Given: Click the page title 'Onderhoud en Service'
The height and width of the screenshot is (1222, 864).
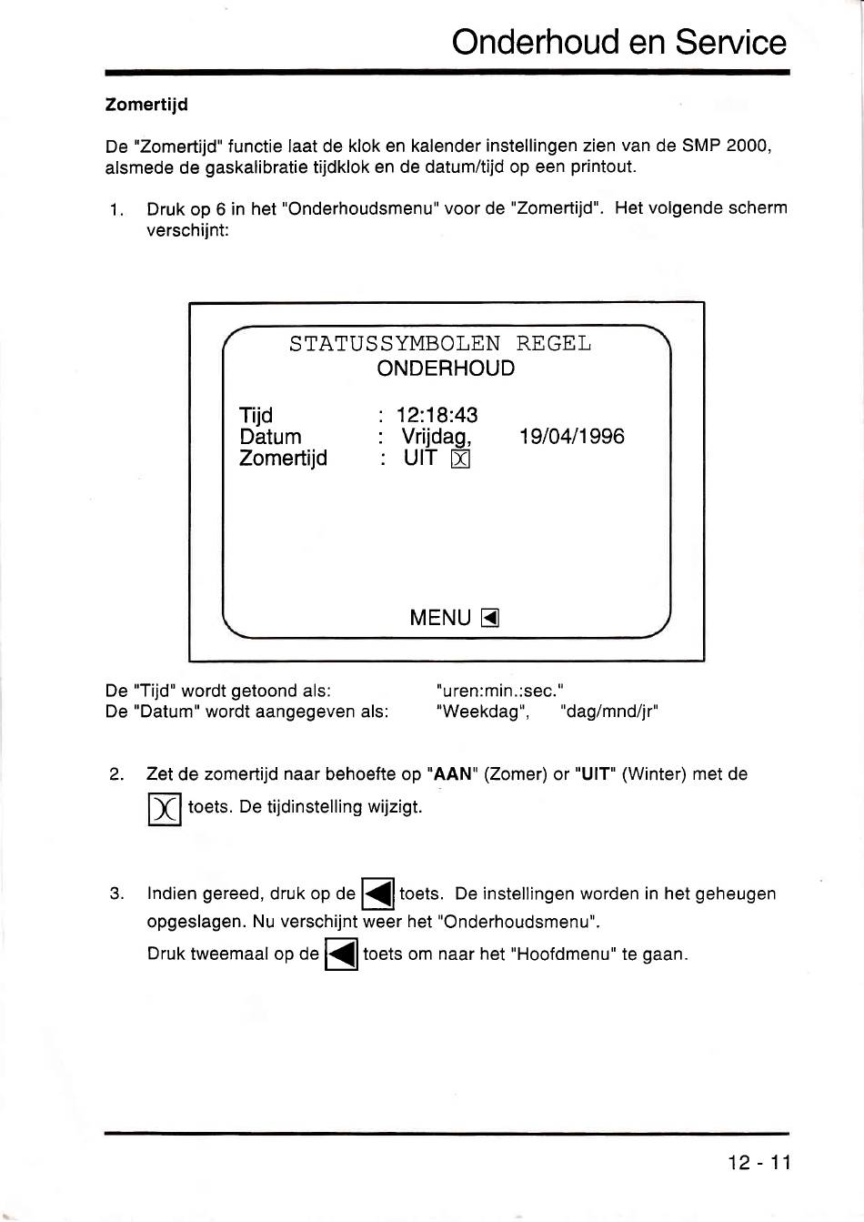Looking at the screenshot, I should point(618,42).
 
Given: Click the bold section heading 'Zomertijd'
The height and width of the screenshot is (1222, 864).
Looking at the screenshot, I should point(146,105).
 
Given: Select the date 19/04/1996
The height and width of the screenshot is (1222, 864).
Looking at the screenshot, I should point(571,437).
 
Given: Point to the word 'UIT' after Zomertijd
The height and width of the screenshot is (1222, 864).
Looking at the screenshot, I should point(420,459).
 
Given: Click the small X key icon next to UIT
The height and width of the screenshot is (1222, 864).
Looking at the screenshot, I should point(460,460).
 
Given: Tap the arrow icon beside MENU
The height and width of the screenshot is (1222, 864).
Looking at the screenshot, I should point(490,619).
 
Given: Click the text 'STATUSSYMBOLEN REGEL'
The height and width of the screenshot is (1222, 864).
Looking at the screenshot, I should point(440,344).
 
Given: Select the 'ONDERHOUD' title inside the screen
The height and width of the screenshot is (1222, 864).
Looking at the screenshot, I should point(446,369).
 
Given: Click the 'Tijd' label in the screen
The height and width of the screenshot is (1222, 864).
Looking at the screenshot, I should point(256,416).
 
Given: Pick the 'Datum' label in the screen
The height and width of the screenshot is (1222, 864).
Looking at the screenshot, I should point(270,437).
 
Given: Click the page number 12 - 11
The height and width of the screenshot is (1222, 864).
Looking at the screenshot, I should point(759,1163).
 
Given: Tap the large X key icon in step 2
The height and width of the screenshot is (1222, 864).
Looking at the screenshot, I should point(165,809).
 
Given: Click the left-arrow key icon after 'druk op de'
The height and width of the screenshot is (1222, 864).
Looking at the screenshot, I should point(377,895).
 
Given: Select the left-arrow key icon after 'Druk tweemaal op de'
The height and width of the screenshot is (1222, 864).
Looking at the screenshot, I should point(341,955).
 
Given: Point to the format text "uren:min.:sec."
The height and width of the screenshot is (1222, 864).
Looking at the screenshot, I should point(500,691).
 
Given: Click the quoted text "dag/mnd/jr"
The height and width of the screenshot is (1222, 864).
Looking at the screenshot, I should point(609,712).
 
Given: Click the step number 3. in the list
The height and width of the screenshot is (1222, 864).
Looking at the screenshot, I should point(116,894).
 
